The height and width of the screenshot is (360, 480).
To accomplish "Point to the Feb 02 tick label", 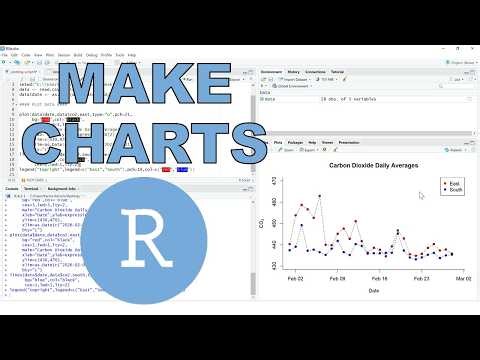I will point(297,279).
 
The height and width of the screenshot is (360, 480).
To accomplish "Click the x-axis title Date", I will point(372,291).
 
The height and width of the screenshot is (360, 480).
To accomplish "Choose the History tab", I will point(294,73).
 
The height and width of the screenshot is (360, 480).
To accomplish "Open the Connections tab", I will point(316,73).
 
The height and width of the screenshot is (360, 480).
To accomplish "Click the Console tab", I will point(13,187).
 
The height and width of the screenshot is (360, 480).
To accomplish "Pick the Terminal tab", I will point(33,187).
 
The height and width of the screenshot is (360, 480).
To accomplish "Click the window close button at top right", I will point(472,46).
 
